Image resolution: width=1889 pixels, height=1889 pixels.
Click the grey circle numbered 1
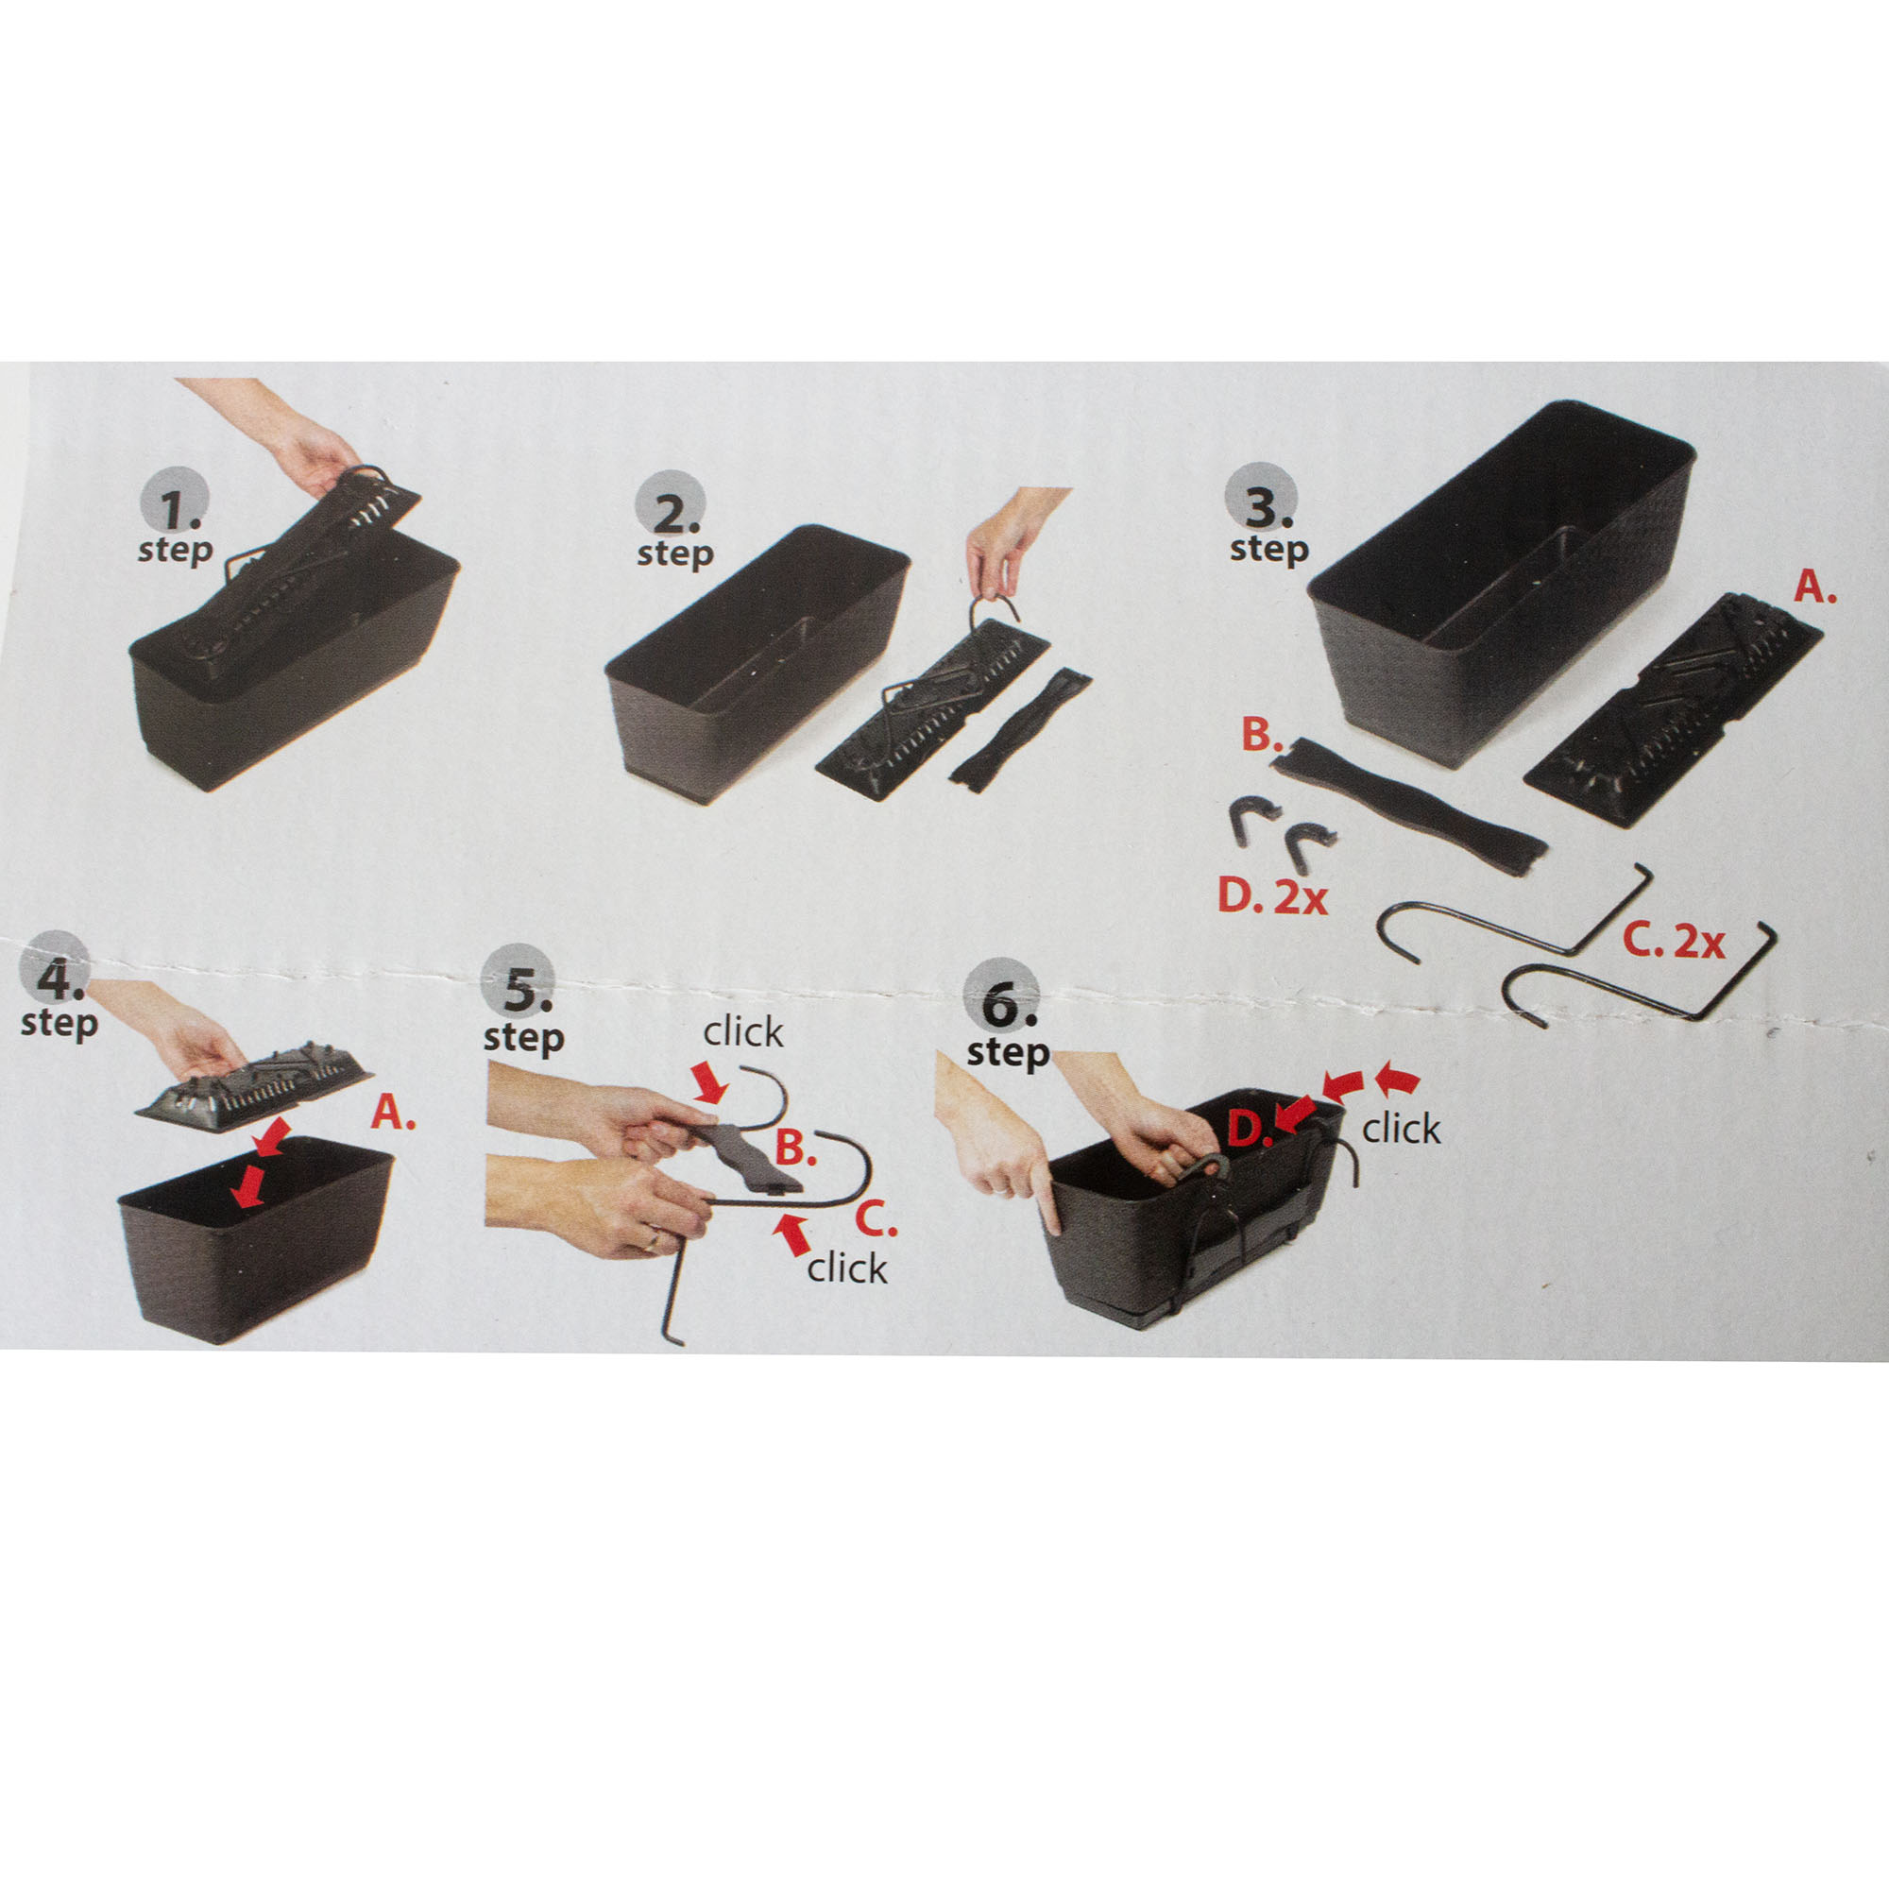(177, 505)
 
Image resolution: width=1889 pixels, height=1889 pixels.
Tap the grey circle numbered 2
(672, 505)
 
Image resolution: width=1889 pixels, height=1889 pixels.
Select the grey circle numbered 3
(1261, 500)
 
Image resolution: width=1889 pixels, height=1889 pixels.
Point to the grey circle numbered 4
(56, 967)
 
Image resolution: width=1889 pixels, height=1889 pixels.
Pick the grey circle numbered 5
(519, 981)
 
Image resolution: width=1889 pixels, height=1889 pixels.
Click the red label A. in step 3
(1815, 587)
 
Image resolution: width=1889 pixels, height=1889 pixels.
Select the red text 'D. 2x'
(1272, 896)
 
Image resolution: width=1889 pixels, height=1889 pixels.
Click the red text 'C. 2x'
(1673, 942)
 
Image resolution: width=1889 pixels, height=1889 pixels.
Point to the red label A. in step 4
(394, 1113)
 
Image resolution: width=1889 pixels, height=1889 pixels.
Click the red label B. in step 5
(796, 1149)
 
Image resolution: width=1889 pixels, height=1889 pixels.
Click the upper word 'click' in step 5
(743, 1031)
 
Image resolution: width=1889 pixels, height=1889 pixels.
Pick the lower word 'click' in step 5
(846, 1268)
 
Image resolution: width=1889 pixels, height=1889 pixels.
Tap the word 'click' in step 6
(1401, 1129)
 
